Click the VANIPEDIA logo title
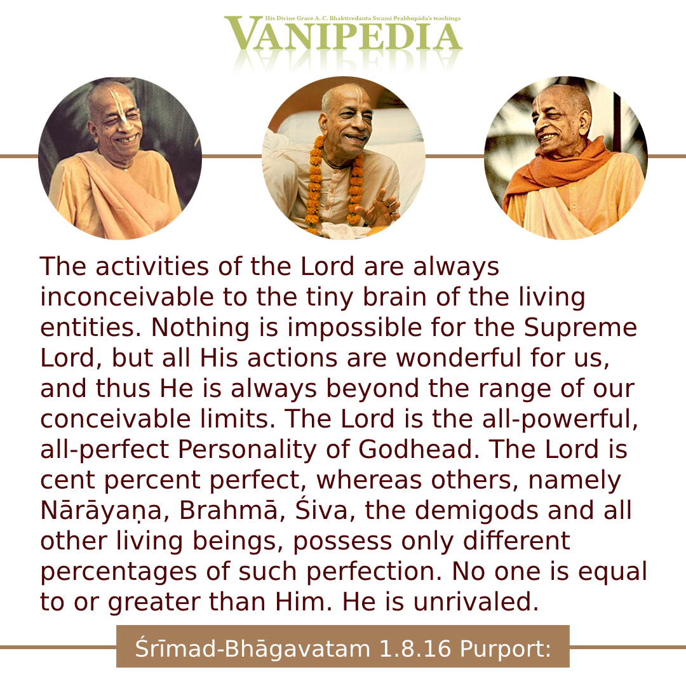click(344, 34)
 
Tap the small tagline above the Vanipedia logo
click(363, 18)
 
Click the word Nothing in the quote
click(200, 328)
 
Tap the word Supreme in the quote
click(581, 328)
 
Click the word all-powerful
click(560, 420)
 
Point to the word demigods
click(476, 511)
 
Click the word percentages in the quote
click(118, 572)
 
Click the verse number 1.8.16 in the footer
click(415, 649)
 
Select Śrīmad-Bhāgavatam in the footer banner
click(253, 649)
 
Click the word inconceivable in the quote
click(127, 297)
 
